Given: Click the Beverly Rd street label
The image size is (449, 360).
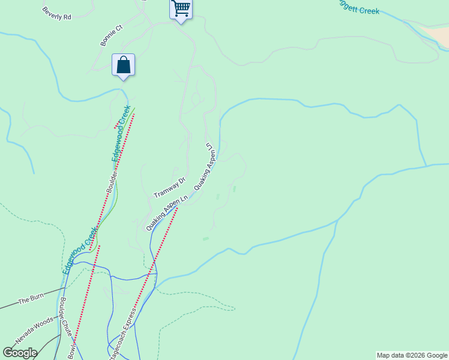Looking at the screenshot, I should point(57,14).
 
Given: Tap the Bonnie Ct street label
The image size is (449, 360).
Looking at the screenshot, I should point(112,36).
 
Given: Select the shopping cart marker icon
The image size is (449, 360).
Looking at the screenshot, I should point(181,9).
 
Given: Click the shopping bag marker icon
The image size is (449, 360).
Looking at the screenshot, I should point(123,65).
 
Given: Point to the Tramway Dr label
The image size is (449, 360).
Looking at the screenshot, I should point(170,188).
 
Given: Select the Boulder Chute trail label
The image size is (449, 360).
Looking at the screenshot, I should point(66,316).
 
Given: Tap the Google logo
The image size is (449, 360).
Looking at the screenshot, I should point(20,353).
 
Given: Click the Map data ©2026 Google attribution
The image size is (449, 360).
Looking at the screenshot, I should point(412,355).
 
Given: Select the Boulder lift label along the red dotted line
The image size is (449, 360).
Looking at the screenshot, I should point(111,181).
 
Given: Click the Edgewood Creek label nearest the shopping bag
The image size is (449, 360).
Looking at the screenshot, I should point(121,133).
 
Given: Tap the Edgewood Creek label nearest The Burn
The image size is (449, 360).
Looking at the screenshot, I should point(80,251).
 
